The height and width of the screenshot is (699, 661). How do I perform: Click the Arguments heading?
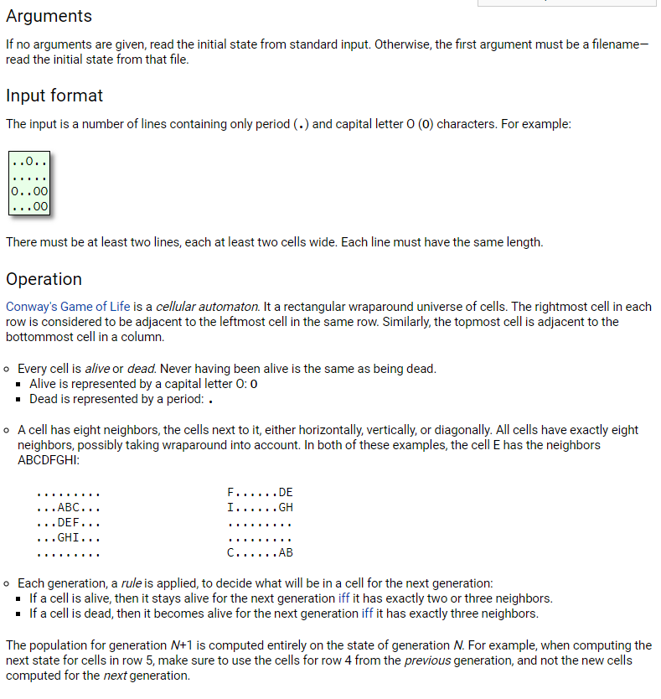(x=49, y=16)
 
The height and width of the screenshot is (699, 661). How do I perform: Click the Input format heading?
(x=54, y=96)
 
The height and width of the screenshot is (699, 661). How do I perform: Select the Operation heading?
(x=44, y=279)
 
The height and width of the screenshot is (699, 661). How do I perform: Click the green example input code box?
(x=29, y=183)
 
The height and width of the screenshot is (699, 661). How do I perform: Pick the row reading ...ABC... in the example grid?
(x=69, y=507)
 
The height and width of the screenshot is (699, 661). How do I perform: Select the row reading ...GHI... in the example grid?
(x=69, y=537)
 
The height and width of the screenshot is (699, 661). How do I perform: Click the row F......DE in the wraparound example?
(x=260, y=492)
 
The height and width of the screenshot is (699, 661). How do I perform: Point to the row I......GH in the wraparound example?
(x=260, y=507)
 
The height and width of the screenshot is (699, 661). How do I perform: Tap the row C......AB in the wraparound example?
(x=260, y=552)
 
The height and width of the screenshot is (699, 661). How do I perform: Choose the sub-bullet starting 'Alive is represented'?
(x=142, y=384)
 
